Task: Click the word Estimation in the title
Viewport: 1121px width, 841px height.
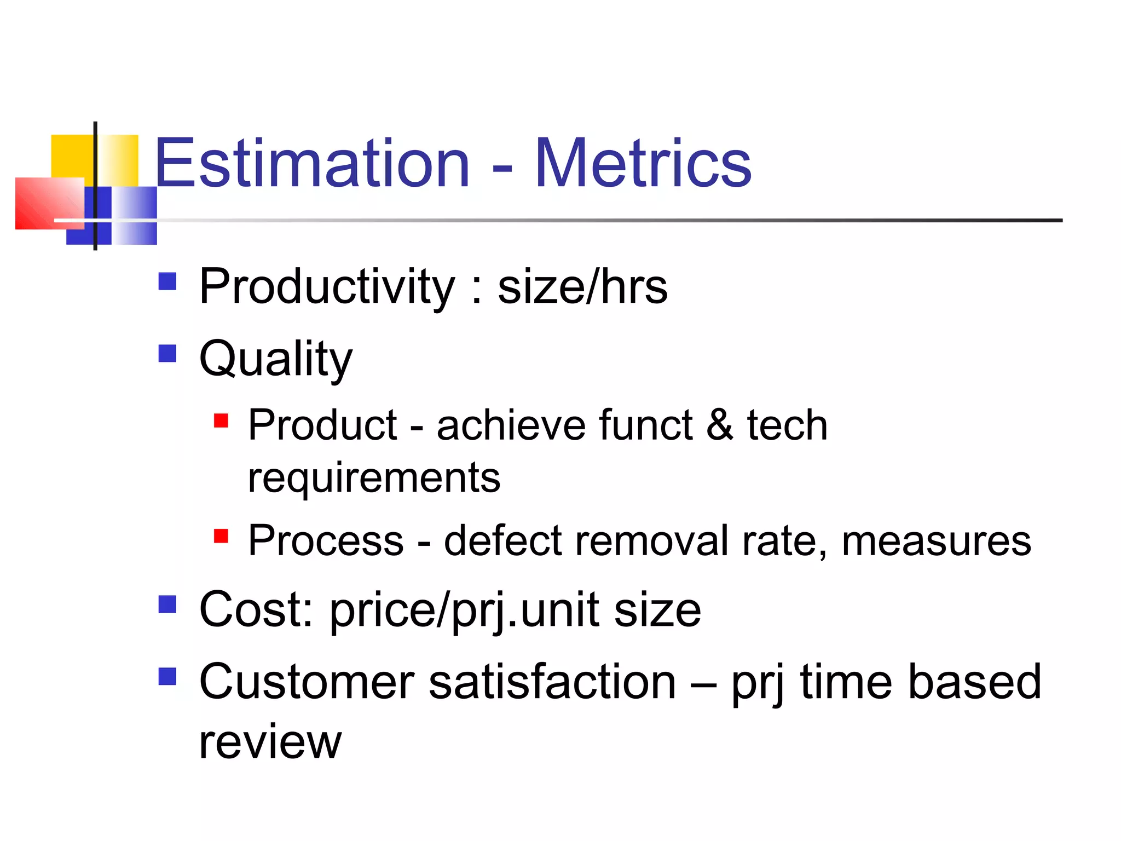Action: click(312, 163)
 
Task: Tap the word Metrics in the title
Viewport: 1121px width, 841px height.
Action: click(643, 163)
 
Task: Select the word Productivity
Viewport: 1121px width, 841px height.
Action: click(327, 287)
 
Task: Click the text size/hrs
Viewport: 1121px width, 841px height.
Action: click(582, 287)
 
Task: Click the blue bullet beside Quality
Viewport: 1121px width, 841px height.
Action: click(167, 353)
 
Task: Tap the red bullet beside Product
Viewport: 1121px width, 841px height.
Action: click(221, 420)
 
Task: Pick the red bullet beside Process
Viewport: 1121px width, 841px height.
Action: click(221, 535)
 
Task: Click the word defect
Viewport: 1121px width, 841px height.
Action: click(502, 541)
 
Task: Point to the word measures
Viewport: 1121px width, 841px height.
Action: click(935, 541)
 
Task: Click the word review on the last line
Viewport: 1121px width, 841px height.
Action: click(270, 742)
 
